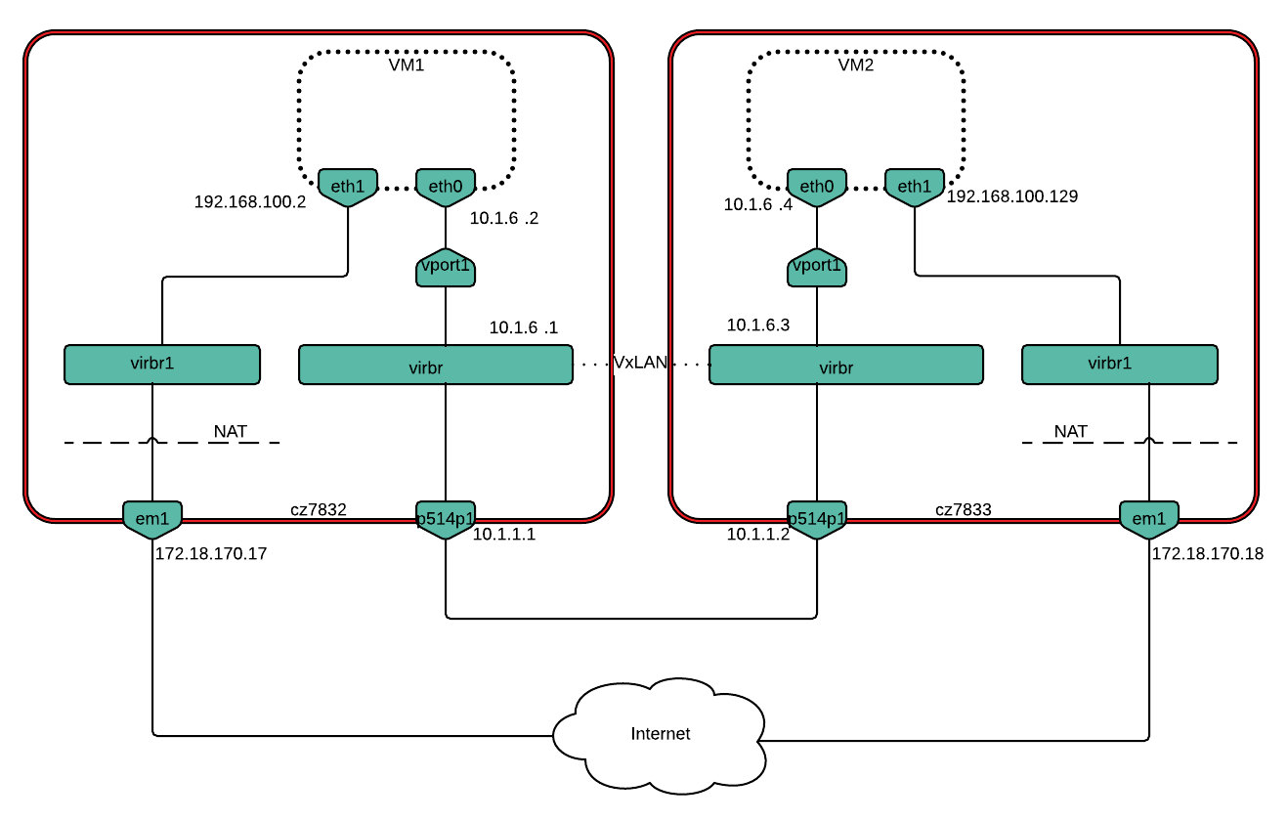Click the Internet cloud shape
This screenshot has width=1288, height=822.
[x=661, y=734]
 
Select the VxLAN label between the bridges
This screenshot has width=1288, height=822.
[x=640, y=363]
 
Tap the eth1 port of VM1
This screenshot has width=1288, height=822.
[x=348, y=186]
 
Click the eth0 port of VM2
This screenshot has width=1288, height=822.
[x=817, y=186]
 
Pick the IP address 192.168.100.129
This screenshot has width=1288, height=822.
[x=1011, y=196]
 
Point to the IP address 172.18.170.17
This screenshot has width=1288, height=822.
[x=211, y=553]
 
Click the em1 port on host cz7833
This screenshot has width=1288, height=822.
[x=1149, y=519]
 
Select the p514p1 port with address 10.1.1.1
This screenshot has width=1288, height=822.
[x=446, y=519]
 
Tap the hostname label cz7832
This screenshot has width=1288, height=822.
[x=319, y=509]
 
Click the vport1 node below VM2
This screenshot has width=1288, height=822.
[x=817, y=266]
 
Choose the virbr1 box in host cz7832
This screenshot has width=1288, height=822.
[x=162, y=364]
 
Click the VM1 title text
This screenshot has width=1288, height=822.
[x=407, y=65]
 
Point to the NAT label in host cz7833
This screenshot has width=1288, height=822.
[x=1071, y=431]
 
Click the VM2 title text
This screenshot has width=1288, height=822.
[x=856, y=65]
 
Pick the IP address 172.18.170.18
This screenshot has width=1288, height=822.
[x=1208, y=553]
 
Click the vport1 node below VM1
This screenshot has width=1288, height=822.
[x=446, y=266]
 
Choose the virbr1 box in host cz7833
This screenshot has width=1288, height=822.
[x=1119, y=364]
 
